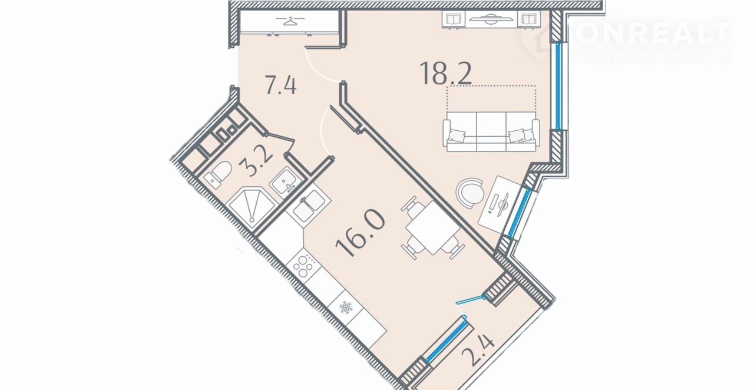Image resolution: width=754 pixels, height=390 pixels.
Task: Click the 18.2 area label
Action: (445, 73)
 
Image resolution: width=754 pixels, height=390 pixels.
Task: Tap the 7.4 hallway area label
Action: (281, 85)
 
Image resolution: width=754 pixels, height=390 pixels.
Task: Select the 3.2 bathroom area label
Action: (256, 163)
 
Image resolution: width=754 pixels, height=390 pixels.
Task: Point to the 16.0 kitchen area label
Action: (360, 233)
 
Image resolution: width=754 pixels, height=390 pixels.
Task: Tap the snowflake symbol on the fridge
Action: (345, 307)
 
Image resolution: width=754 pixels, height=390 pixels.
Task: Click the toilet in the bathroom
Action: (218, 174)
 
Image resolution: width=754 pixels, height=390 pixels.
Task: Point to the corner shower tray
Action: (252, 205)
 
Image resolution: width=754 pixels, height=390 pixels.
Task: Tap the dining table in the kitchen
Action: (432, 228)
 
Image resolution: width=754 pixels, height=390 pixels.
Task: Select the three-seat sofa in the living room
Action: (491, 132)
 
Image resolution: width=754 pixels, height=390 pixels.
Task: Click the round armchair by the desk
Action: (470, 194)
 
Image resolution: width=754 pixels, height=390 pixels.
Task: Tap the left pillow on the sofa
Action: (457, 136)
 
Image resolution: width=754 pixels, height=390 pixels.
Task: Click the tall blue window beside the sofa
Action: (558, 86)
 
